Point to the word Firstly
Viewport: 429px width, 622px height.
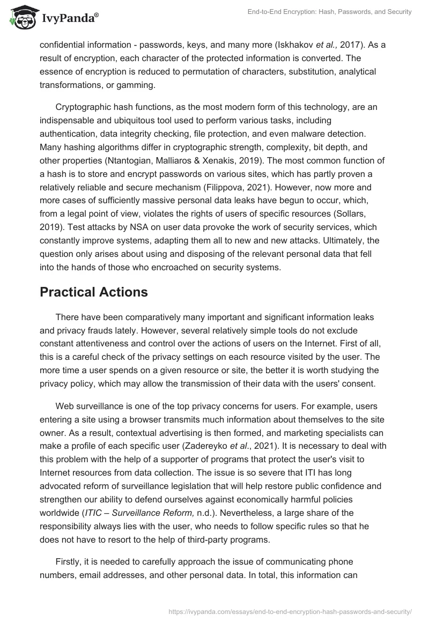(70, 546)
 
